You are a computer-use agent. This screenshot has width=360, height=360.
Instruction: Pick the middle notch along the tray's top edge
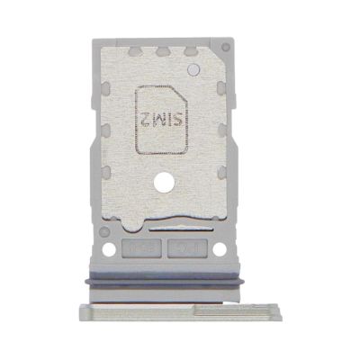[163, 51]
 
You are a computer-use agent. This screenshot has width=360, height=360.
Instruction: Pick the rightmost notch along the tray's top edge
[191, 51]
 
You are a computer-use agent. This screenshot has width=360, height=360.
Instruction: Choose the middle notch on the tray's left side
[105, 130]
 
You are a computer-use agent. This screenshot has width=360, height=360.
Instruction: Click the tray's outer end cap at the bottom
[163, 310]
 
